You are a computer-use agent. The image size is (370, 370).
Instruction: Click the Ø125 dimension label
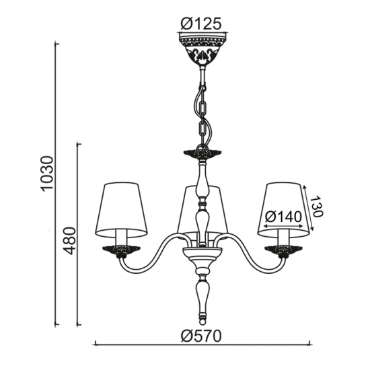[201, 24]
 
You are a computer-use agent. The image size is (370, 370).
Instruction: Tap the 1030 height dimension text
[47, 173]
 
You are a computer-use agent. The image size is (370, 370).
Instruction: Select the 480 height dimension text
[70, 241]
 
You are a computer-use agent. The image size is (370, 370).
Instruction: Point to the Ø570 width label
[201, 336]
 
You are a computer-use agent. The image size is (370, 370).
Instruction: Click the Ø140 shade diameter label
[283, 217]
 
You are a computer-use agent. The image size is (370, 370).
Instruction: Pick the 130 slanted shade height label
[316, 206]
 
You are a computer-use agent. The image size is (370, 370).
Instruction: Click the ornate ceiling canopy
[203, 49]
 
